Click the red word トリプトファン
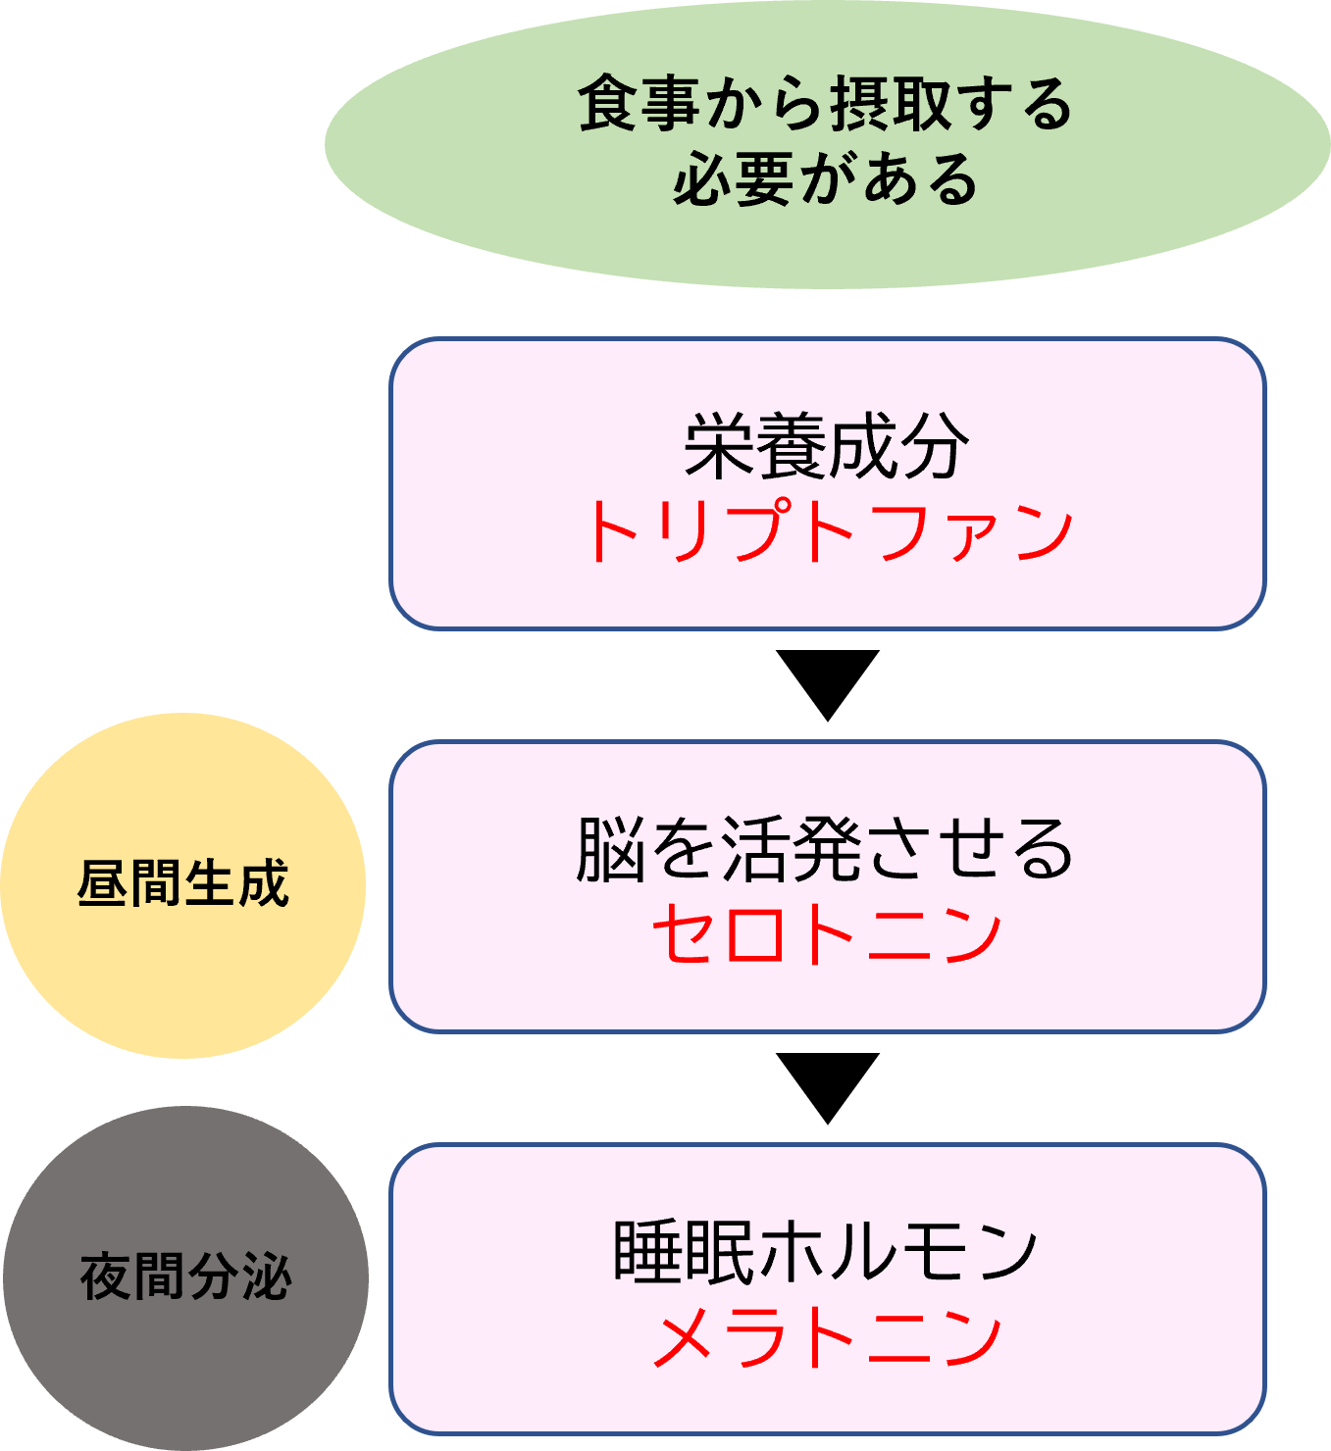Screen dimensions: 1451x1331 pyautogui.click(x=828, y=530)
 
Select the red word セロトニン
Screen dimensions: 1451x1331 pyautogui.click(x=827, y=932)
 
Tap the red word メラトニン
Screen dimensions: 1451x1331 pyautogui.click(x=827, y=1337)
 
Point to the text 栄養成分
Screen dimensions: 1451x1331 pyautogui.click(x=827, y=447)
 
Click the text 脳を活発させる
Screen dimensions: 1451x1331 pyautogui.click(x=826, y=849)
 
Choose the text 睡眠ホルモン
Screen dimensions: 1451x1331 pyautogui.click(x=826, y=1252)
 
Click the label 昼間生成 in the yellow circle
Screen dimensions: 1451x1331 pyautogui.click(x=183, y=883)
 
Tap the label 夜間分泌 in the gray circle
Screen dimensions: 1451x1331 pyautogui.click(x=185, y=1276)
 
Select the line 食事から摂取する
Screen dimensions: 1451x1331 pyautogui.click(x=826, y=104)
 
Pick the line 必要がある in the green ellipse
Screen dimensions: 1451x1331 pyautogui.click(x=826, y=179)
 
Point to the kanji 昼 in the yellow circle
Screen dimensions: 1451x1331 pyautogui.click(x=103, y=883)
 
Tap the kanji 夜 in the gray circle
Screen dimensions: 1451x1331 pyautogui.click(x=106, y=1276)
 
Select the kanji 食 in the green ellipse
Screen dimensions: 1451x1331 pyautogui.click(x=608, y=104)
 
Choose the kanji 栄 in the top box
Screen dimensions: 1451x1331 pyautogui.click(x=719, y=447)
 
